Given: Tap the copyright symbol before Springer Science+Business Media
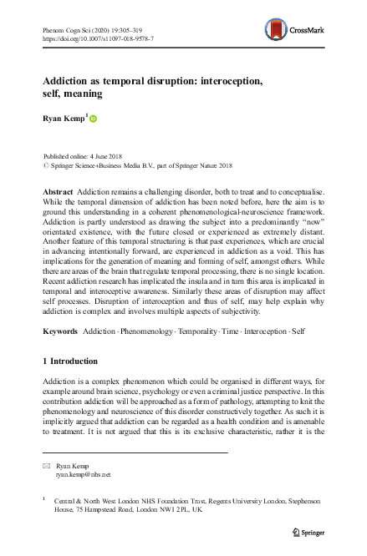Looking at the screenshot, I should coord(44,164).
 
